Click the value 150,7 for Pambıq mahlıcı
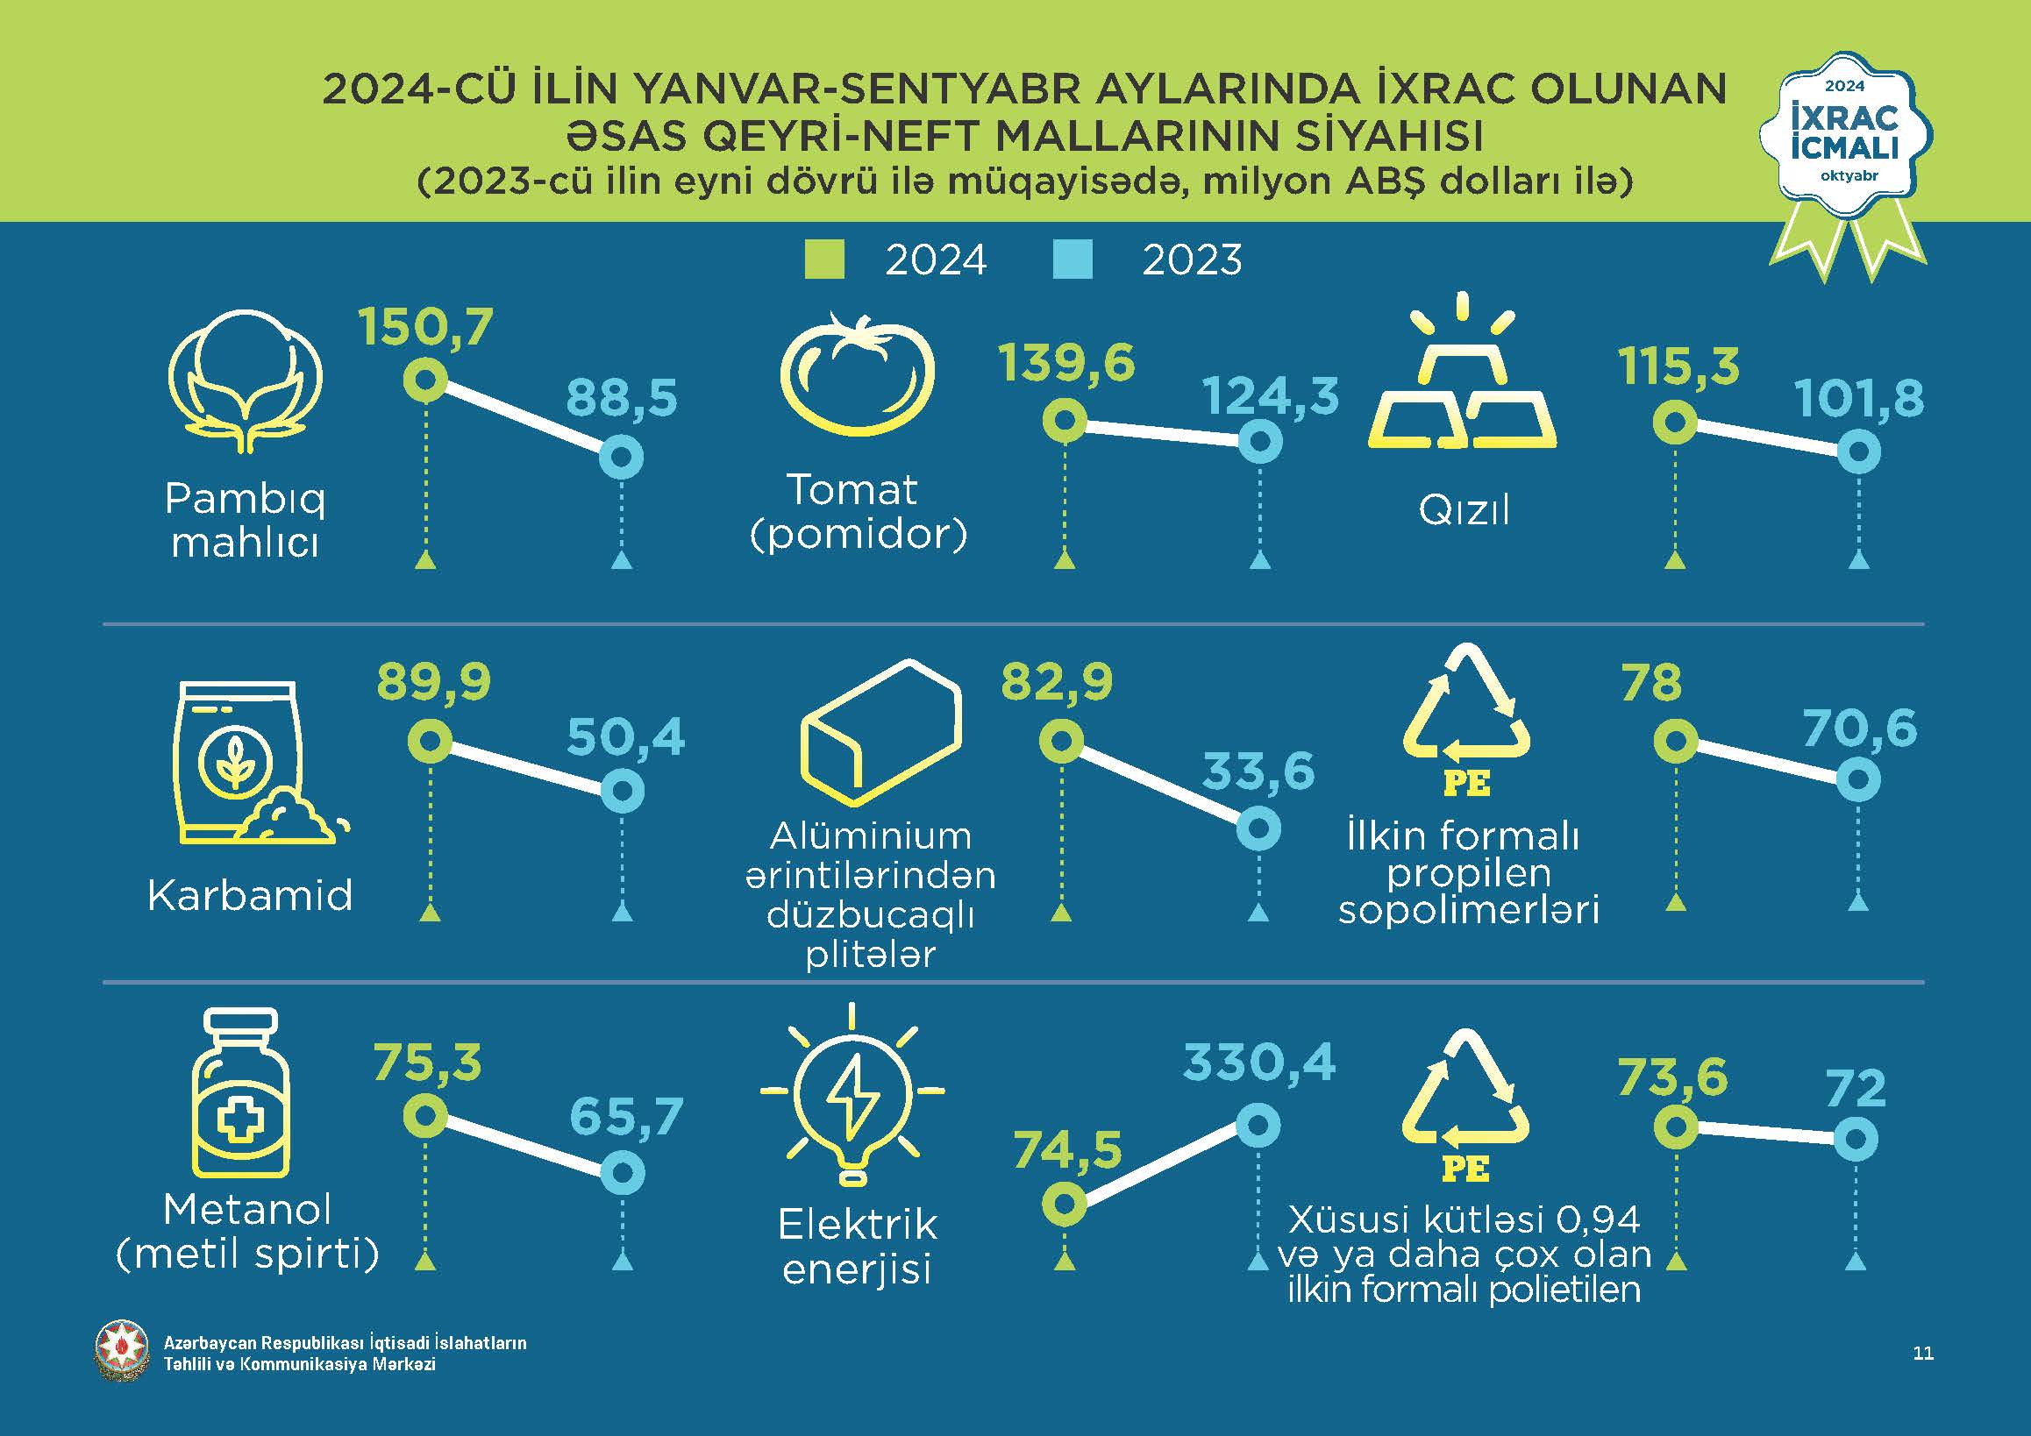click(425, 327)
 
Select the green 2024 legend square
click(824, 259)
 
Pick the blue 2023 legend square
click(1073, 259)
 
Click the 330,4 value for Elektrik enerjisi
click(1258, 1062)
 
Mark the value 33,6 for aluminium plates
click(1258, 771)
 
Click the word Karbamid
click(250, 895)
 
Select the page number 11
click(1923, 1353)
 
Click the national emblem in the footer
click(122, 1351)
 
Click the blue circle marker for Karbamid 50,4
click(622, 791)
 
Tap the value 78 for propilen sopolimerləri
click(1651, 684)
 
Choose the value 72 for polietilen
click(1856, 1089)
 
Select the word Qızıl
click(1464, 510)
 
